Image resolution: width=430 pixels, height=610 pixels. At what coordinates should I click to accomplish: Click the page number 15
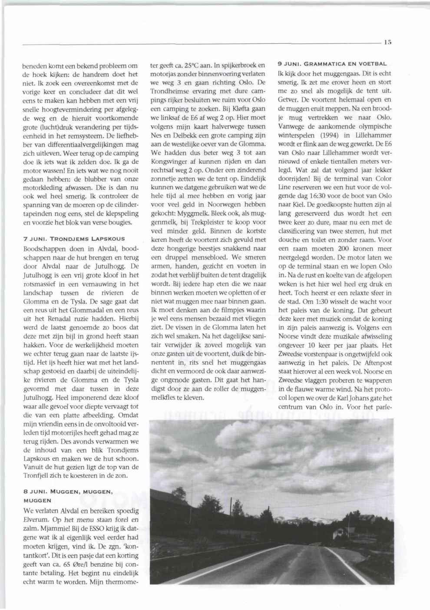(x=388, y=42)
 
